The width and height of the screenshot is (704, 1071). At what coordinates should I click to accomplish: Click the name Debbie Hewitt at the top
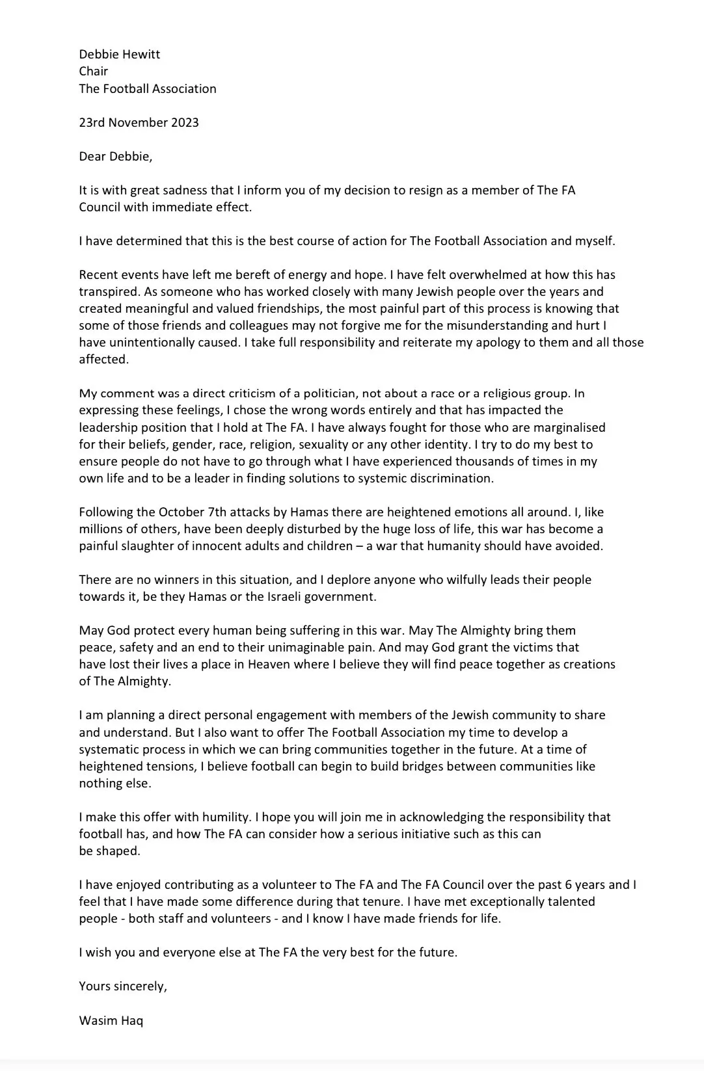(119, 54)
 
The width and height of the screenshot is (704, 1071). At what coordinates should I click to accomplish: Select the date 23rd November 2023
(139, 122)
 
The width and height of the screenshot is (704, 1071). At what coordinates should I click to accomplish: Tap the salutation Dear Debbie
(115, 156)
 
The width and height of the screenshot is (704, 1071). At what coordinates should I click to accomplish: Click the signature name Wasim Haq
(111, 1020)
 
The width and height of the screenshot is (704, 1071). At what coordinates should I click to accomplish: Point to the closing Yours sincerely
(123, 986)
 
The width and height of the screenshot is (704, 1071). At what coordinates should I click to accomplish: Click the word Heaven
(271, 664)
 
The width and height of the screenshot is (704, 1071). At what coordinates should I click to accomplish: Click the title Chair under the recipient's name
(93, 71)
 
